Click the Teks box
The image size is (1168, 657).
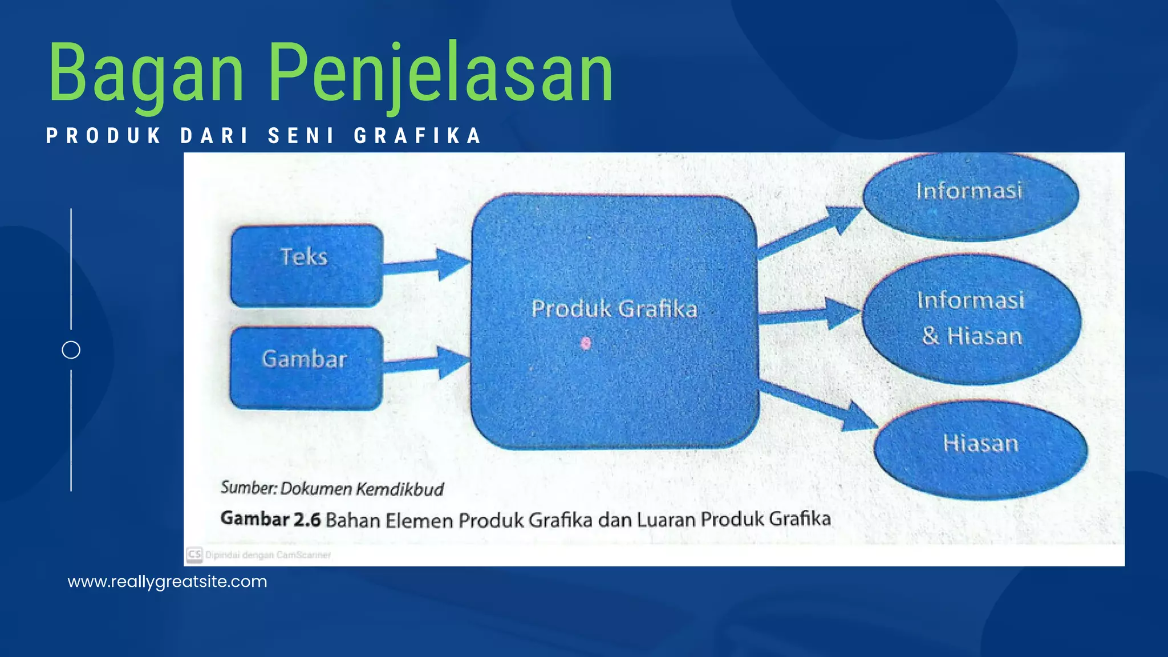(306, 265)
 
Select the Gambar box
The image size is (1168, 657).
(306, 367)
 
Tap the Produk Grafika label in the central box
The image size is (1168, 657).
(614, 309)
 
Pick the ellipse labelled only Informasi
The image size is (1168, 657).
(970, 194)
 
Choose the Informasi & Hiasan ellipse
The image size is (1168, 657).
(972, 318)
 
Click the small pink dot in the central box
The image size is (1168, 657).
(586, 343)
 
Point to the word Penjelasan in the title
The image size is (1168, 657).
(440, 74)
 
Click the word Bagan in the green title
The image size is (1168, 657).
(146, 74)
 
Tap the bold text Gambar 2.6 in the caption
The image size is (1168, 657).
(271, 519)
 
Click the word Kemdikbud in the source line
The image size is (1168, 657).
(400, 489)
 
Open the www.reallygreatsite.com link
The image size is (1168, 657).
(167, 582)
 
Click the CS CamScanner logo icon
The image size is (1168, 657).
(194, 554)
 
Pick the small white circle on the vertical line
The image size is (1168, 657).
(71, 350)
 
